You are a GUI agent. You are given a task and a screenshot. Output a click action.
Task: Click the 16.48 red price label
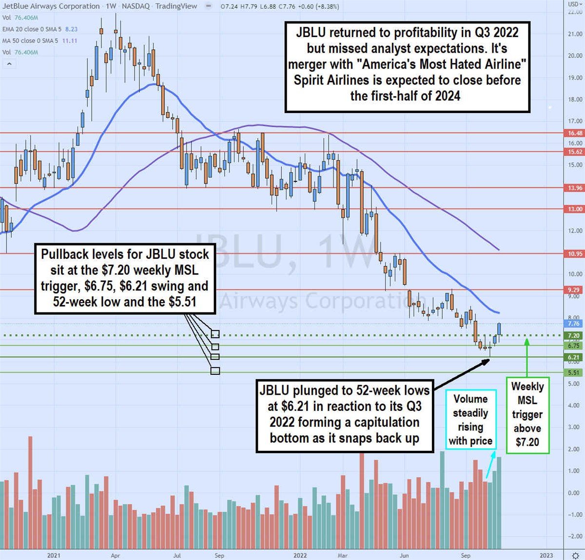(x=575, y=133)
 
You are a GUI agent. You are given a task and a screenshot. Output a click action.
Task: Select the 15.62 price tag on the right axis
(x=575, y=152)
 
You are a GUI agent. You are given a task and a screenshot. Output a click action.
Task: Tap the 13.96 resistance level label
(x=575, y=188)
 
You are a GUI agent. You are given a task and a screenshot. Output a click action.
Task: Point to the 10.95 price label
(x=575, y=253)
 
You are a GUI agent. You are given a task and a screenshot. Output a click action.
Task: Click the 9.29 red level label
(x=574, y=290)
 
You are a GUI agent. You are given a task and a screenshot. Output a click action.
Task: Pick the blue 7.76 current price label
(x=574, y=324)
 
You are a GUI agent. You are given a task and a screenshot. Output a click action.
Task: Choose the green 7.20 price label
(x=574, y=335)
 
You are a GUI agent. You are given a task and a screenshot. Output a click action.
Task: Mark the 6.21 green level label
(x=574, y=357)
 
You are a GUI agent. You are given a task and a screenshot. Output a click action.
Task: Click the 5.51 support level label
(x=574, y=372)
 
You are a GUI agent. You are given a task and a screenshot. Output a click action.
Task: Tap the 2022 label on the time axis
(x=300, y=555)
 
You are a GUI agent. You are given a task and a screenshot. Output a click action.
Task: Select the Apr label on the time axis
(x=115, y=555)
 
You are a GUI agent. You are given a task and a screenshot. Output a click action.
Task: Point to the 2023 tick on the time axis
(x=546, y=555)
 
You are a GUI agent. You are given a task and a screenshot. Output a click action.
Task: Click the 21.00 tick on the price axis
(x=575, y=34)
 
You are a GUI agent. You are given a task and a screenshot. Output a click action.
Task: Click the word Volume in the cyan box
(x=470, y=399)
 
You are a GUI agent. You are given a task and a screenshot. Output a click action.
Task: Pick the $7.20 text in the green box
(x=527, y=442)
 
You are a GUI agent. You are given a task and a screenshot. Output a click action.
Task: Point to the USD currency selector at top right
(x=574, y=4)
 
